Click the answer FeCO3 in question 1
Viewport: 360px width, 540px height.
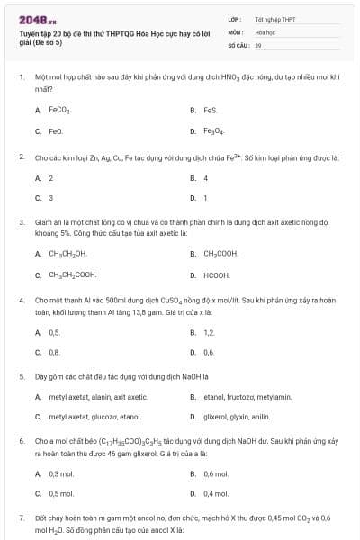59,110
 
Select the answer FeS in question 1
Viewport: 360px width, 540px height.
211,110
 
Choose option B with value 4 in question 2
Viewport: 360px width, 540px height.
205,178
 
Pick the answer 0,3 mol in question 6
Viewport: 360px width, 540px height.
60,473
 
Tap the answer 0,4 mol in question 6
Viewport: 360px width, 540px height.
215,493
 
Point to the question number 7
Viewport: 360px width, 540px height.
21,518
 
